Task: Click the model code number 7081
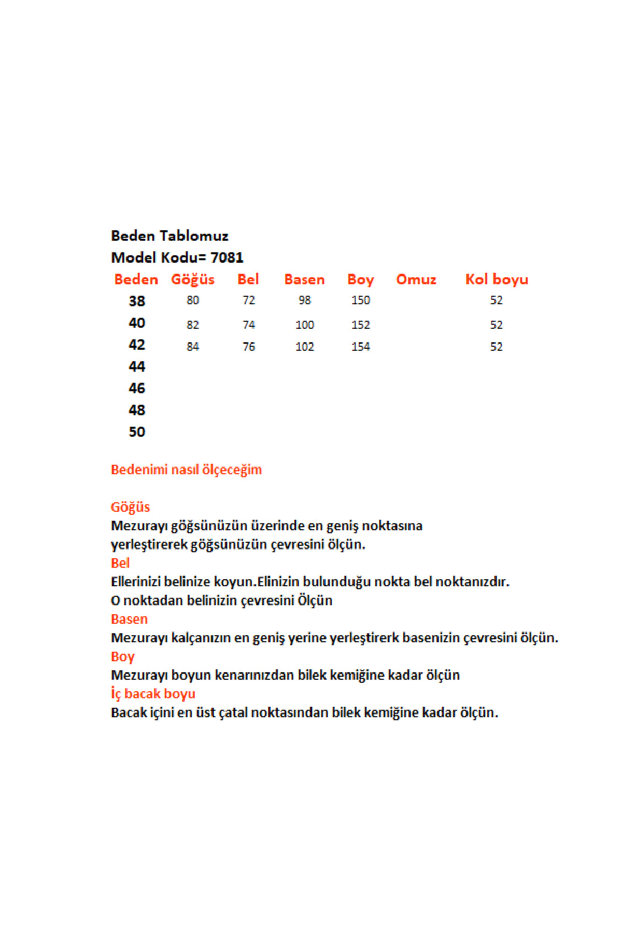227,257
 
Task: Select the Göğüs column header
192,280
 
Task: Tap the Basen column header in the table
304,280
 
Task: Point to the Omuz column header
416,280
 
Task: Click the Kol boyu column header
496,280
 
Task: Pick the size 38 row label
137,301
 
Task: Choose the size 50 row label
137,432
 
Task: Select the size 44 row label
137,366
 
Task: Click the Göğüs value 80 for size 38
192,300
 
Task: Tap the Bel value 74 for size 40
248,325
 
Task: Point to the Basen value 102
304,347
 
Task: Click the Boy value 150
360,300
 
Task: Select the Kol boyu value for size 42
496,347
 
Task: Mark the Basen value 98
304,300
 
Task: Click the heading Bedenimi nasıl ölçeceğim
186,470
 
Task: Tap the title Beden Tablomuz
169,236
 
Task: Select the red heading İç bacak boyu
153,694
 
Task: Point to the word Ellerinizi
136,582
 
